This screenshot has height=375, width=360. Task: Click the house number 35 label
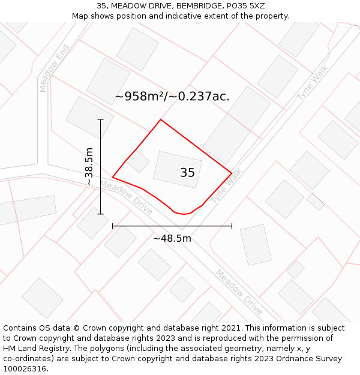(187, 173)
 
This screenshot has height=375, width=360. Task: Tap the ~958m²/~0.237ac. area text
(172, 96)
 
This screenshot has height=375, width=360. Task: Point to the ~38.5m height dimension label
(89, 166)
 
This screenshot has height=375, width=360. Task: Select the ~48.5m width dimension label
(172, 238)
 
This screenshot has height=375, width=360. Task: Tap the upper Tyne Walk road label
(313, 82)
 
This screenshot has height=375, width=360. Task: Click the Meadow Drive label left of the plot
(126, 198)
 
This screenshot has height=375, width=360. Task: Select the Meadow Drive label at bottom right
(239, 292)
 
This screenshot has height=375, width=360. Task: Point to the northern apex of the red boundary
(160, 120)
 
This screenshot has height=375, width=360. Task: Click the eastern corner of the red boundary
(232, 174)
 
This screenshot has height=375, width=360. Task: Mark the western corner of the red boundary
(113, 177)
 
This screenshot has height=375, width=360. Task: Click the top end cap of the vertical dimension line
(101, 119)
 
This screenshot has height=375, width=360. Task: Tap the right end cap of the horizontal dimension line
(232, 226)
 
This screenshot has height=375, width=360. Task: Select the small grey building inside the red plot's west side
(138, 161)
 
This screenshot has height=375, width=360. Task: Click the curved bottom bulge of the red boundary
(182, 213)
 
